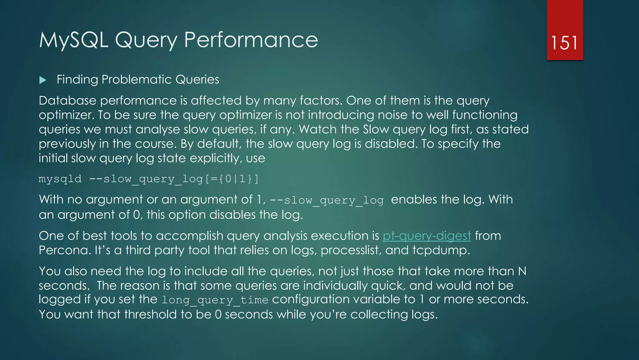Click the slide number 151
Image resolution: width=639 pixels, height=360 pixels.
click(564, 42)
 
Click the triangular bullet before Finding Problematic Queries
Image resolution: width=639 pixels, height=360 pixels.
click(43, 80)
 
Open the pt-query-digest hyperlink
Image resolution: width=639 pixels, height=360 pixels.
click(427, 236)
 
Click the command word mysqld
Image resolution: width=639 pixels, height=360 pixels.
click(60, 179)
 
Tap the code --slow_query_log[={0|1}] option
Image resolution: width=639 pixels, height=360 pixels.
click(174, 179)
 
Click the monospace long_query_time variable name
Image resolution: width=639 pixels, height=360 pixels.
click(215, 300)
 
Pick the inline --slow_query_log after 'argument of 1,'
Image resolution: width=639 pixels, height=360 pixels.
click(326, 200)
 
